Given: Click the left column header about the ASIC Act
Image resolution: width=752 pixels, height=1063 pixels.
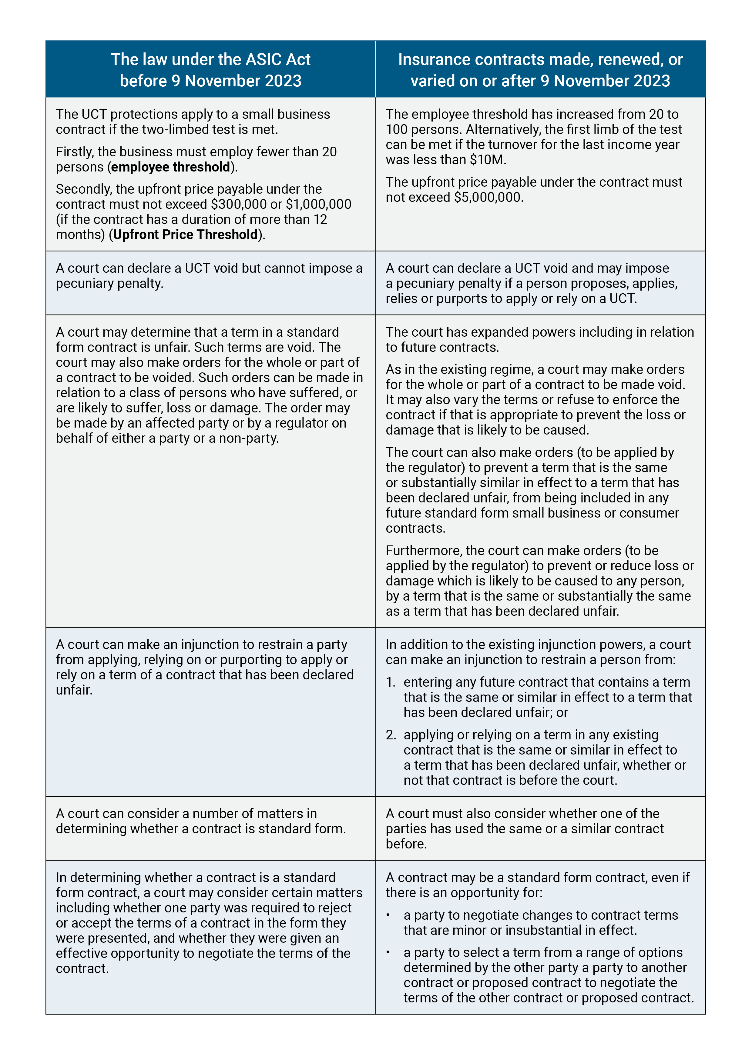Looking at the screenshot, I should point(210,69).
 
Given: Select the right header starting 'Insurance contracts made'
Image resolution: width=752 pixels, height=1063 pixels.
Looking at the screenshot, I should point(540,69).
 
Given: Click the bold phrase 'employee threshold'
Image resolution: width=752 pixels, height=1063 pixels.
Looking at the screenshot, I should point(170,167).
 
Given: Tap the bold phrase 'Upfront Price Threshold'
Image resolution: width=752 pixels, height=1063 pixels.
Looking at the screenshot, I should point(185,235).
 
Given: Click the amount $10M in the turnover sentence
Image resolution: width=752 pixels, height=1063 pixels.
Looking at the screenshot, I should point(487,160).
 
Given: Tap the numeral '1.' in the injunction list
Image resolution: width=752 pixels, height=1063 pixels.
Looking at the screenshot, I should point(391,682).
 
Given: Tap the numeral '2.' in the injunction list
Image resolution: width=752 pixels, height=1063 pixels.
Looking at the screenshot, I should point(391,735).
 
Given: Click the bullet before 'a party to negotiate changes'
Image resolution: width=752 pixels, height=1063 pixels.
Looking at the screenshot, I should point(388,915).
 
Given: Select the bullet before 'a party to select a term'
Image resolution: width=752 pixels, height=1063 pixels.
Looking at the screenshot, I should point(388,953).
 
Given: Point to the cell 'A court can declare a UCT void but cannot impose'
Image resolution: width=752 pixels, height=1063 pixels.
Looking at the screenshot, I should point(210,276).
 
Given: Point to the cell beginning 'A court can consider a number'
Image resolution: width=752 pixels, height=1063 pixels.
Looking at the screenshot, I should point(201,821).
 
